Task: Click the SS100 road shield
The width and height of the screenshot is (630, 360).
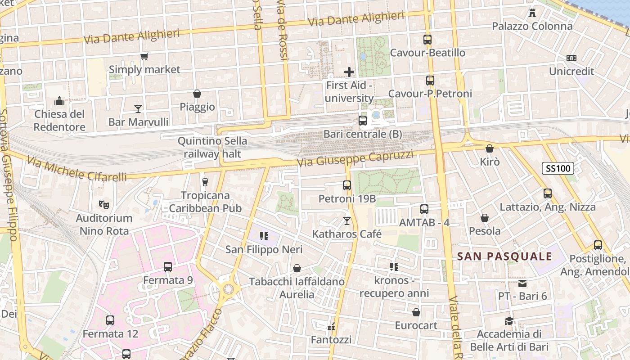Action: [x=558, y=169]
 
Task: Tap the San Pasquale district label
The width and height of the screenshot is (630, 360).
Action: [x=504, y=256]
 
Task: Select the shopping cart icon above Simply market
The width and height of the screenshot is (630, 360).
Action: [x=144, y=57]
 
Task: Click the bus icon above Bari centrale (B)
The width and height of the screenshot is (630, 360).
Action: [x=362, y=121]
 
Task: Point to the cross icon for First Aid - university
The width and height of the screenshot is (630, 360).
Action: [x=349, y=72]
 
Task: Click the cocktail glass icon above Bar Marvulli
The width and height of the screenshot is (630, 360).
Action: [x=138, y=108]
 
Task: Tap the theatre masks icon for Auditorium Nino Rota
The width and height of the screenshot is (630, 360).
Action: [x=104, y=205]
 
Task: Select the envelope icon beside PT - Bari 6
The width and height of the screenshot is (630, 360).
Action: [x=522, y=283]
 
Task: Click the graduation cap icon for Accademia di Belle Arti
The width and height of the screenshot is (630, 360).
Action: [x=509, y=321]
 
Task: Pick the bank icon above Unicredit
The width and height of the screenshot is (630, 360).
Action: [x=571, y=58]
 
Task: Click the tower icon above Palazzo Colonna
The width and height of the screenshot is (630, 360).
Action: [x=532, y=13]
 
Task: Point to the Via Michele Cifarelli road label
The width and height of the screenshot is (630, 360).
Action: [x=76, y=169]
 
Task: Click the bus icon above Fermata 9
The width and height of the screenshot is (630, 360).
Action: [x=168, y=266]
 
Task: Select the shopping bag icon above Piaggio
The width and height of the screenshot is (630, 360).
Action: [x=197, y=94]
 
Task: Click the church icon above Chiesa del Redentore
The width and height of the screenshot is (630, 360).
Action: [x=59, y=101]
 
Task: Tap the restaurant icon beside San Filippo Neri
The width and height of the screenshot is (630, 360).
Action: [x=264, y=236]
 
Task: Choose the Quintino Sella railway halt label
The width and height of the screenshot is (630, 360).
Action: [x=212, y=147]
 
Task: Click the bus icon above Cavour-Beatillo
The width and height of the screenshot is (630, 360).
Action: [x=427, y=40]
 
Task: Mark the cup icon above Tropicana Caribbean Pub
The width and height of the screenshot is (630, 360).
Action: [x=205, y=182]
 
